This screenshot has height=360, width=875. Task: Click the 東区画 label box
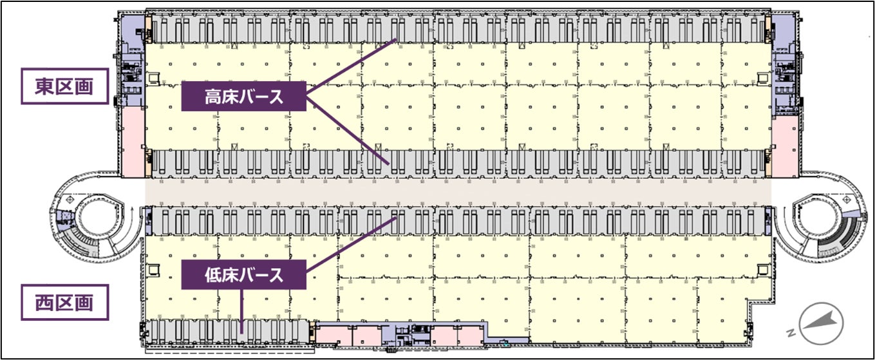point(64,86)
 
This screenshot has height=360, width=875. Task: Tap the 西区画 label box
point(64,301)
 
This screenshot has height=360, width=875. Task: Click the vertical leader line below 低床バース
point(241,309)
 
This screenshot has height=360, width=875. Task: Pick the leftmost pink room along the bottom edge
point(332,335)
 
